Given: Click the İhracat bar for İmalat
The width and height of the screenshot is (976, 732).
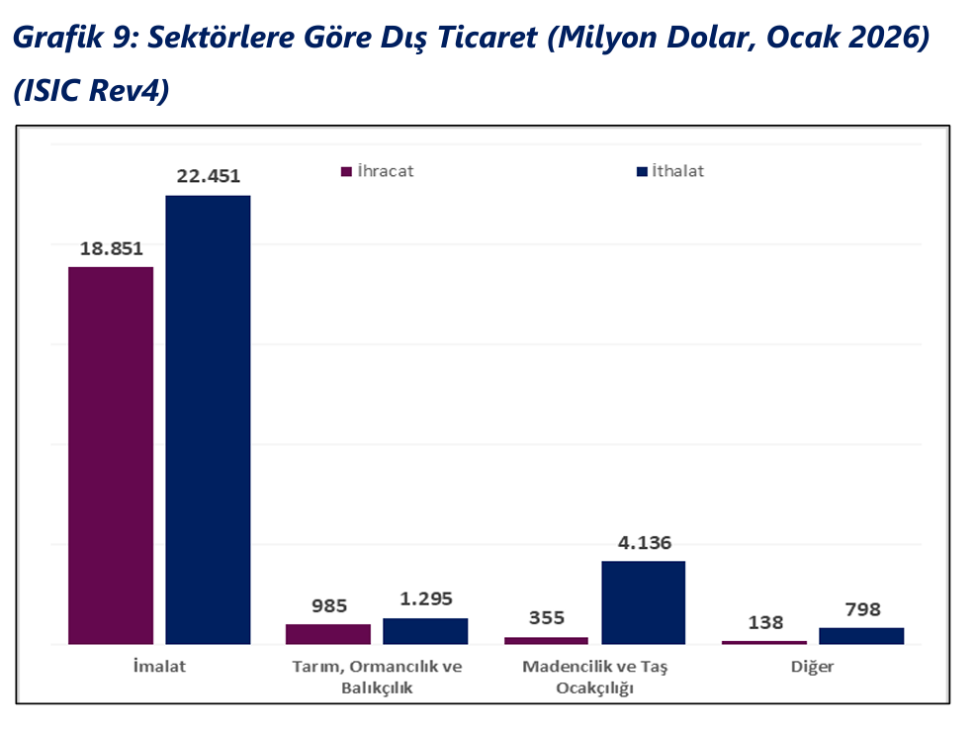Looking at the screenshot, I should tap(111, 455).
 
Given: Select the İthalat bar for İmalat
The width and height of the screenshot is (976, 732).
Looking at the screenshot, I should tap(208, 419).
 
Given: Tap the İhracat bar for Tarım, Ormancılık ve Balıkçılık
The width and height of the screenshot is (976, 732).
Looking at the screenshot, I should tap(328, 634).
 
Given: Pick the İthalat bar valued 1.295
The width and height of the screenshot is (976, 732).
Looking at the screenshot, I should tap(425, 631).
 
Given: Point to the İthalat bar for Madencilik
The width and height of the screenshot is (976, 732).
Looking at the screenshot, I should tap(643, 602).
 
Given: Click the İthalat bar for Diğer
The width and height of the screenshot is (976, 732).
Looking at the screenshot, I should tap(861, 636).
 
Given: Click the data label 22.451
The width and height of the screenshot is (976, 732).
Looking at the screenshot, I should tap(208, 177).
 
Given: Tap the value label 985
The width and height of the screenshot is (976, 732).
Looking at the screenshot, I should tap(329, 605).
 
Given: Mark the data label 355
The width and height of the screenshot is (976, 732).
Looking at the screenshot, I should tap(546, 618).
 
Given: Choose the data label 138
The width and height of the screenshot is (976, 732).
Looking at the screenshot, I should tap(765, 622).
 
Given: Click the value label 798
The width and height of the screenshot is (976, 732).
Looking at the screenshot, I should tap(861, 609).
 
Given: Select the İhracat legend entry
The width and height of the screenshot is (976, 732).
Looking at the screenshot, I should tap(378, 171).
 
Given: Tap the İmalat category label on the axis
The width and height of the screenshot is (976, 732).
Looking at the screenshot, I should tap(159, 667).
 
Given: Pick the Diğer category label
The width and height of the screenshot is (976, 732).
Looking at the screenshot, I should tap(813, 667).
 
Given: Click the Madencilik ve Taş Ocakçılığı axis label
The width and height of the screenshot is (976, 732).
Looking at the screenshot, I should tap(594, 677).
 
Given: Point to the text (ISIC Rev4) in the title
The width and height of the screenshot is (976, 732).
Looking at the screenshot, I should tap(92, 90).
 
